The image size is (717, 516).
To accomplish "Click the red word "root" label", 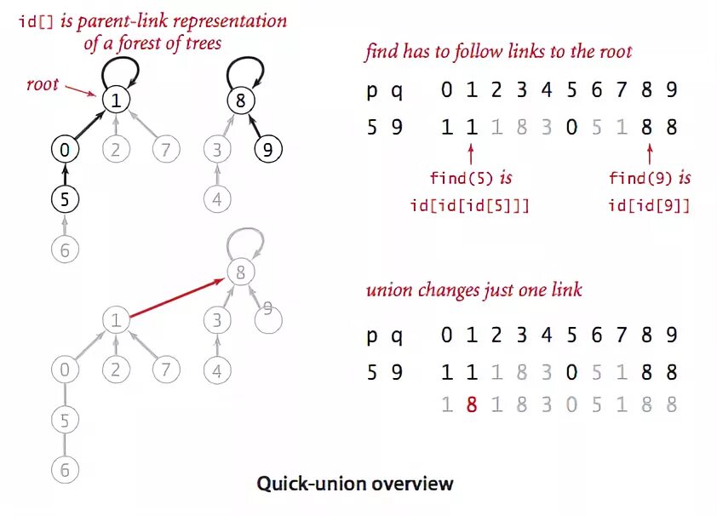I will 43,83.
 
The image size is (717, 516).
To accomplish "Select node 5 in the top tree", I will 64,200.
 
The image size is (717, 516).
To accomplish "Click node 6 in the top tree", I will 64,250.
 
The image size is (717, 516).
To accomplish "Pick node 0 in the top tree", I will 64,151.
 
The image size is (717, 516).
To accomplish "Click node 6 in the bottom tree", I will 64,469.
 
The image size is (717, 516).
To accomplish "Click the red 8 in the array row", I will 471,404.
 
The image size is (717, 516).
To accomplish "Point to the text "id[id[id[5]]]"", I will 471,206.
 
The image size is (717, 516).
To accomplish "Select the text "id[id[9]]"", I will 649,206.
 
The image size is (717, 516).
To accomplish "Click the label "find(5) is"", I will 471,179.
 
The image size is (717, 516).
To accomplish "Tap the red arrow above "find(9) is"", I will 649,155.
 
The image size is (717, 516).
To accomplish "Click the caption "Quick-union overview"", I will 355,484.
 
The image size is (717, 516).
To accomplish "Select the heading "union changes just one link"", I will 474,290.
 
